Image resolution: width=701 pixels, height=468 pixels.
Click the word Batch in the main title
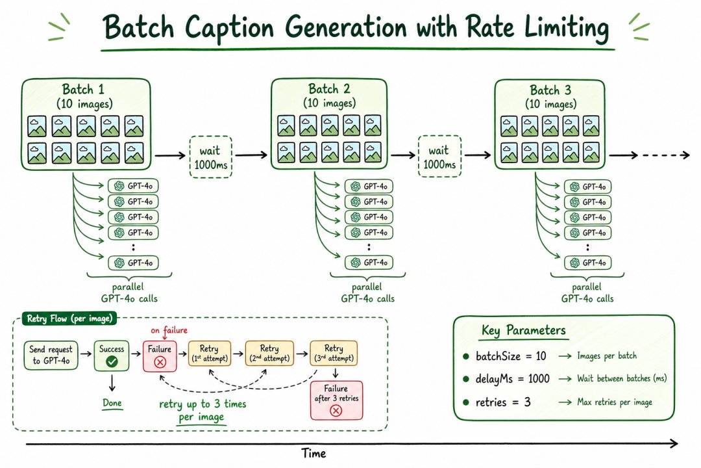pyautogui.click(x=139, y=27)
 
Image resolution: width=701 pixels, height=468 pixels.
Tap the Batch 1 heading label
pyautogui.click(x=83, y=89)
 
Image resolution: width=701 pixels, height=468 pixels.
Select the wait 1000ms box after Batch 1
pyautogui.click(x=210, y=157)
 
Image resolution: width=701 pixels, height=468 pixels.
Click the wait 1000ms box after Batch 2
pyautogui.click(x=439, y=156)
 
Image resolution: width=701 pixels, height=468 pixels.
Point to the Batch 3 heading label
pyautogui.click(x=550, y=90)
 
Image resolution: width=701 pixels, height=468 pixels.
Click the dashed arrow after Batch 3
pyautogui.click(x=666, y=155)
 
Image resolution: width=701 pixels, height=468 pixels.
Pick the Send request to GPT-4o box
pyautogui.click(x=51, y=355)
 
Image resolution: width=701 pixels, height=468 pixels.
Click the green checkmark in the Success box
pyautogui.click(x=112, y=361)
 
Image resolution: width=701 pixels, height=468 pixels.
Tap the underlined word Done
pyautogui.click(x=112, y=403)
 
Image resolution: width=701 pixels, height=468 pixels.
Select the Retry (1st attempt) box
pyautogui.click(x=210, y=354)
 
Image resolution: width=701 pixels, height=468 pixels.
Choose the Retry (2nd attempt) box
pyautogui.click(x=269, y=354)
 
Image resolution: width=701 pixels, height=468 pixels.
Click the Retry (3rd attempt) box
pyautogui.click(x=334, y=354)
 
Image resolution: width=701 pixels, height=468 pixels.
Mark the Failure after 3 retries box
pyautogui.click(x=337, y=400)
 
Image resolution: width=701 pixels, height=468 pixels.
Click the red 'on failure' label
pyautogui.click(x=169, y=330)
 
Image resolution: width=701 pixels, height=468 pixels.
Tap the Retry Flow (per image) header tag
pyautogui.click(x=69, y=318)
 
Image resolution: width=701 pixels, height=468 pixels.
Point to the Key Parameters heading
pyautogui.click(x=524, y=330)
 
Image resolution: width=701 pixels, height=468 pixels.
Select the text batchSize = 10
pyautogui.click(x=511, y=356)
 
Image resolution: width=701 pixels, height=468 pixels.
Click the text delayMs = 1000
pyautogui.click(x=512, y=379)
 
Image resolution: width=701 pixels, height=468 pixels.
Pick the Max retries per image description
pyautogui.click(x=615, y=402)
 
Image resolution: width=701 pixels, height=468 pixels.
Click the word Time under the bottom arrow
pyautogui.click(x=314, y=453)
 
